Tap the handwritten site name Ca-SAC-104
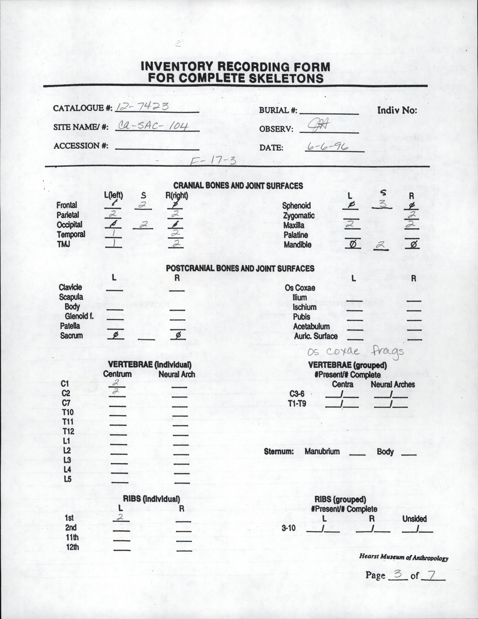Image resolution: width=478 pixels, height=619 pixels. click(153, 126)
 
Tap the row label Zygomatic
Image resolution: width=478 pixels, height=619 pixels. click(299, 216)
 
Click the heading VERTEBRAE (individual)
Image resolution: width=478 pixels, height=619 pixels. click(149, 365)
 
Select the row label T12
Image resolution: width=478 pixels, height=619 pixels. click(68, 431)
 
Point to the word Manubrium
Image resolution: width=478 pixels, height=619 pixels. click(322, 451)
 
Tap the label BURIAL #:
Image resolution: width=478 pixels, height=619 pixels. click(278, 110)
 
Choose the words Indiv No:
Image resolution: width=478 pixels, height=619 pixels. click(397, 110)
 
